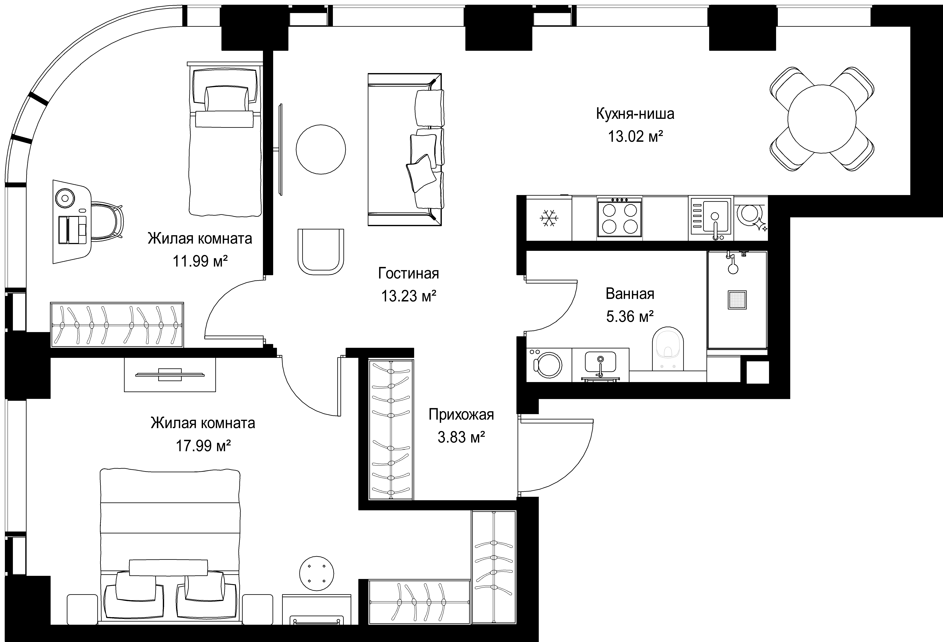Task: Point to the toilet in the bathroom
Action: pyautogui.click(x=668, y=348)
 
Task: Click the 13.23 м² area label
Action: pyautogui.click(x=409, y=296)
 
